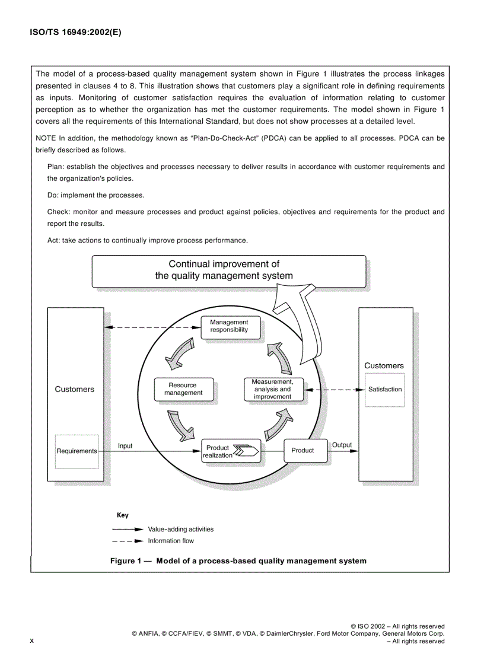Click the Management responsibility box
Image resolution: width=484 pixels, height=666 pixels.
coord(229,326)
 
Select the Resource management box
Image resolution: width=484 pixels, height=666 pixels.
coord(183,389)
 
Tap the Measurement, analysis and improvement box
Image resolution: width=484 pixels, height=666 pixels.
coord(273,389)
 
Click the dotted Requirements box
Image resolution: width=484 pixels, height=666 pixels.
coord(76,451)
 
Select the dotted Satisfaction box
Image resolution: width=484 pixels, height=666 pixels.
coord(384,390)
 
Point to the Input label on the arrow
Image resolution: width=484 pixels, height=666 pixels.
coord(125,445)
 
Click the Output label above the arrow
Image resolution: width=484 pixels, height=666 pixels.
coord(342,445)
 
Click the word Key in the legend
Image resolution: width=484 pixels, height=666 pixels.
coord(122,515)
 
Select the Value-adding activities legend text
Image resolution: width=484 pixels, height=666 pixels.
coord(180,529)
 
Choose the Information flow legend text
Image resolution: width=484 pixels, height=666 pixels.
coord(171,541)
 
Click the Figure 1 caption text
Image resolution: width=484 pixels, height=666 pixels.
coord(238,560)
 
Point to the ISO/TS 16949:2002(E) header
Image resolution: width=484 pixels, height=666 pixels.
coord(75,33)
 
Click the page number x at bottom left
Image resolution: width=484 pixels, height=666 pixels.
coord(32,640)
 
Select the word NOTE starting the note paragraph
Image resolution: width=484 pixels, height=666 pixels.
coord(46,138)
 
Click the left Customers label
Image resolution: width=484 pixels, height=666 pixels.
coord(75,390)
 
